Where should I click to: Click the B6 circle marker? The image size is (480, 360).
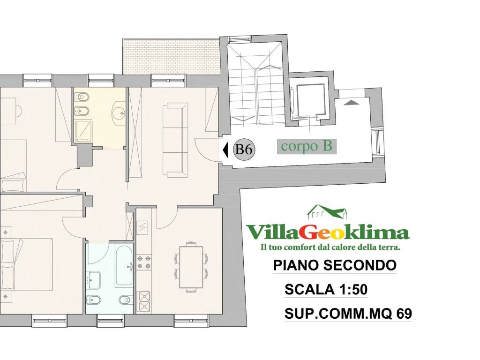click(244, 150)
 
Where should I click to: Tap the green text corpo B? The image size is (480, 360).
click(307, 146)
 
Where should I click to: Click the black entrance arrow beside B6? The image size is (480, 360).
click(225, 150)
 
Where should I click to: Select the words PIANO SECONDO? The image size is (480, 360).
click(334, 265)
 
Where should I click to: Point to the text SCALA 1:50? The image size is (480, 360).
click(326, 290)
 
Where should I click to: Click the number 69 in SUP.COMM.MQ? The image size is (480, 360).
click(401, 314)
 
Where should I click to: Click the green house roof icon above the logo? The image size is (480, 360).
click(327, 213)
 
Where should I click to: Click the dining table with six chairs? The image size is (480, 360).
click(189, 266)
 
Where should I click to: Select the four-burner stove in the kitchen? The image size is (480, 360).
click(143, 262)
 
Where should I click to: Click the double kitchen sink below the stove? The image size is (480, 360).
click(143, 301)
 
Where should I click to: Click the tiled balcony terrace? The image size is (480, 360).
click(171, 56)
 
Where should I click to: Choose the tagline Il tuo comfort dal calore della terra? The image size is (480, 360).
click(327, 247)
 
